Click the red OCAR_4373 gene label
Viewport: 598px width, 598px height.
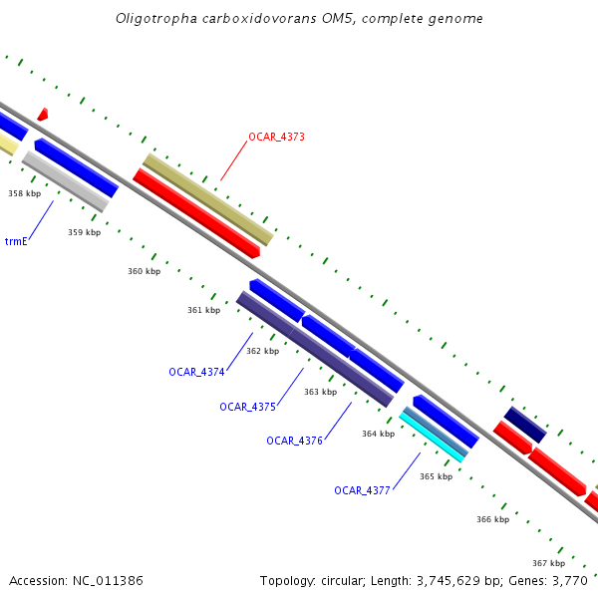tap(276, 137)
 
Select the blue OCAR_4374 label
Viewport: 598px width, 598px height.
tap(196, 372)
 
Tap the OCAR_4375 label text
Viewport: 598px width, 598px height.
tap(247, 407)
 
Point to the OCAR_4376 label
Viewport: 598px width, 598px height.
tap(294, 441)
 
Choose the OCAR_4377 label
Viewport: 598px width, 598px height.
tap(362, 490)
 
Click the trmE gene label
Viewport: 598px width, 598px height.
tap(16, 242)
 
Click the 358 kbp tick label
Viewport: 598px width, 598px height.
tap(24, 193)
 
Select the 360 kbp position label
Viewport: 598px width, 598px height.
tap(144, 271)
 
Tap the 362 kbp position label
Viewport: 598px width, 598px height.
tap(262, 351)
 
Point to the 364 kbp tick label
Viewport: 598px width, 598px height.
tap(378, 434)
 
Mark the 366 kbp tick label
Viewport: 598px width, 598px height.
tap(492, 519)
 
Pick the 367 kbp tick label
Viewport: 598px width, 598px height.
tap(548, 563)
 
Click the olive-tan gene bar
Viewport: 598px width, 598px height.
tap(207, 199)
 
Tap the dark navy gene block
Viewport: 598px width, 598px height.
tap(524, 425)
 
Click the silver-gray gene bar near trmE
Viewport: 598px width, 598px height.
tap(65, 181)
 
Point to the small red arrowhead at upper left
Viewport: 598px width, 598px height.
tap(42, 115)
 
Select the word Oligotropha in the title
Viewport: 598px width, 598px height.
tap(149, 19)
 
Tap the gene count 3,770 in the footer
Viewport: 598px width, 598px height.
tap(573, 580)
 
